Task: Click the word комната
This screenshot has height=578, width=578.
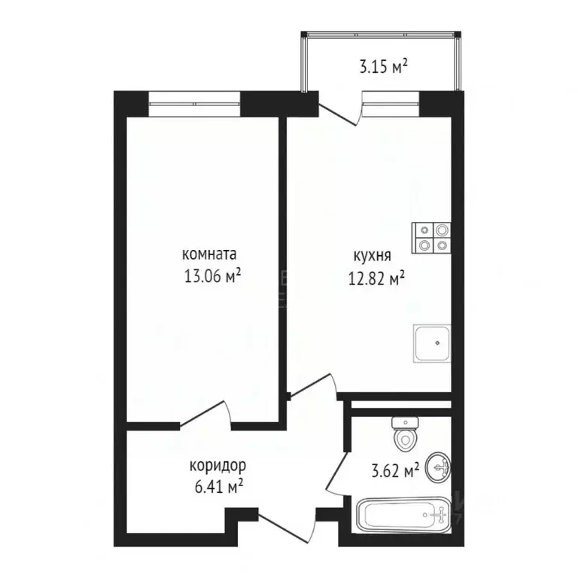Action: coord(209,254)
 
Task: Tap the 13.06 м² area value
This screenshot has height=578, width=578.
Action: coord(212,275)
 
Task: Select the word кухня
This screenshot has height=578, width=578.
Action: coord(373,256)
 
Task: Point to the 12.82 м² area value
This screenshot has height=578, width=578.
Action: coord(376,278)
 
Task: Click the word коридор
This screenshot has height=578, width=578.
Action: coord(218,466)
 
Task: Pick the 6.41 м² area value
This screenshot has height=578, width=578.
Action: coord(218,487)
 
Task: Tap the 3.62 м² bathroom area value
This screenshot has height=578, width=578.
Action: coord(395,471)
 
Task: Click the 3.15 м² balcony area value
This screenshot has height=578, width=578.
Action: coord(383,68)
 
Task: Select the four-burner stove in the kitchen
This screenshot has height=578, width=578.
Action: coord(431,238)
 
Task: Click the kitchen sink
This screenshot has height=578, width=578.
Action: coord(432,343)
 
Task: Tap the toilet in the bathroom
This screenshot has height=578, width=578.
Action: coord(405,434)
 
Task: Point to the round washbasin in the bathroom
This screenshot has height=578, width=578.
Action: coord(438,468)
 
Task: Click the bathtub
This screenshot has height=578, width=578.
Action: coord(404,515)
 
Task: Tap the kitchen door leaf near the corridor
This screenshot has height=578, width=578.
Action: coord(312,387)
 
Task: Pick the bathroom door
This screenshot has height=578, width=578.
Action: coord(336,473)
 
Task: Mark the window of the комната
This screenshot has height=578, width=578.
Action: coord(194,104)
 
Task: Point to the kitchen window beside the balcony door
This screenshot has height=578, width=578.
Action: coord(391,103)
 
